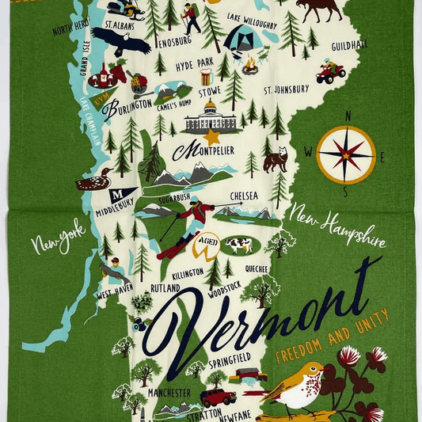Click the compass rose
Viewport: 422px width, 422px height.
pyautogui.click(x=345, y=154)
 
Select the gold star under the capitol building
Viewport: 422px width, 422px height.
pyautogui.click(x=211, y=136)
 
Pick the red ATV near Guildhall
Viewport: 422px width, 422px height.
pyautogui.click(x=330, y=73)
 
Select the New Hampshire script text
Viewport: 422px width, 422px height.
pyautogui.click(x=337, y=225)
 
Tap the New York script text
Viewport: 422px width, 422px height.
pyautogui.click(x=58, y=237)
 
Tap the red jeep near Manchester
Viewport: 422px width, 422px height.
pyautogui.click(x=217, y=397)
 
